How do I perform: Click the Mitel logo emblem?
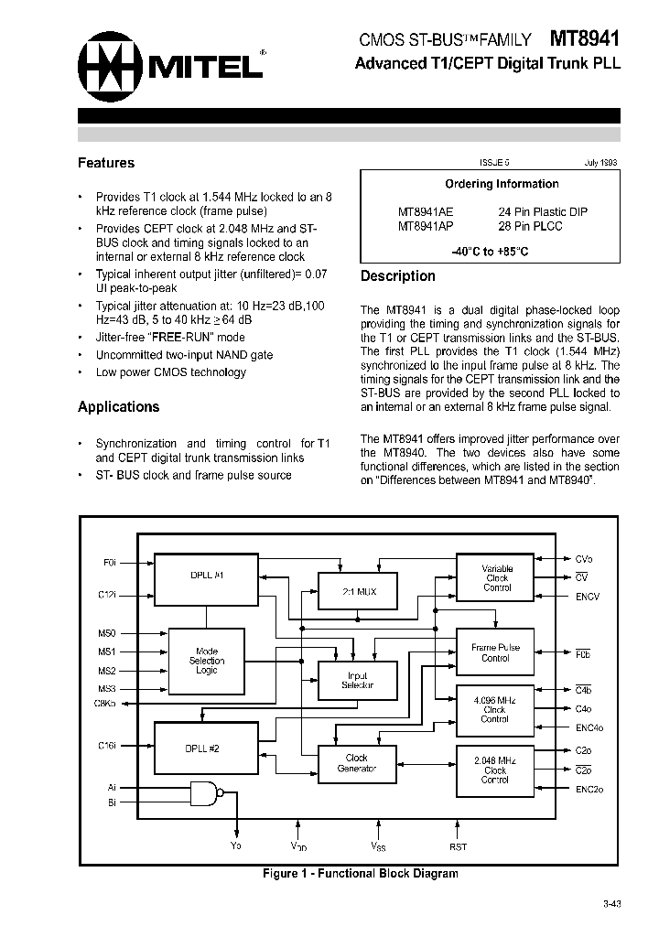point(112,65)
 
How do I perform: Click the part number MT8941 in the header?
point(585,39)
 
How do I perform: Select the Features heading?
point(106,163)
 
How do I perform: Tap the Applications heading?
point(118,407)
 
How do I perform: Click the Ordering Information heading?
point(502,184)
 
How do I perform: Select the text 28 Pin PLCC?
point(530,226)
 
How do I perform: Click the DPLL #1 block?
point(207,576)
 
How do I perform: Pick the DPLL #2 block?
point(202,748)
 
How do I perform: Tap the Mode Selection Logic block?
point(207,661)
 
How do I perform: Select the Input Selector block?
point(356,680)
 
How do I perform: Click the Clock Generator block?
point(356,763)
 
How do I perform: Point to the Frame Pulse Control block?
point(495,652)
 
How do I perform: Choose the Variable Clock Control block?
point(497,578)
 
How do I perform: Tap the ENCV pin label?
point(588,597)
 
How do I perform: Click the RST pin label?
point(458,847)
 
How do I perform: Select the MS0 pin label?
point(107,632)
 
